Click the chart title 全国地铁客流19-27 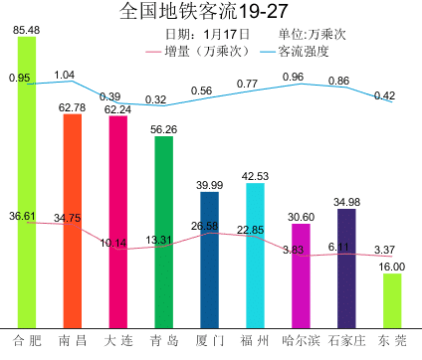coord(203,11)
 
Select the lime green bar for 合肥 coord(27,182)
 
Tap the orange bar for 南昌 coord(73,221)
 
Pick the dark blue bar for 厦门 coord(210,261)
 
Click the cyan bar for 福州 coord(255,256)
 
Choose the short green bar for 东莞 coord(392,301)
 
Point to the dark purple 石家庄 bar coord(346,269)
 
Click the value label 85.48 coord(27,30)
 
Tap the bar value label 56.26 coord(164,129)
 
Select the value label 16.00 coord(392,267)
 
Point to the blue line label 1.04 coord(65,75)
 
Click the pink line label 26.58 coord(204,226)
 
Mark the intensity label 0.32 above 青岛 coord(155,99)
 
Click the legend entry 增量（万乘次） coord(198,52)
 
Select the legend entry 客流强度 coord(295,52)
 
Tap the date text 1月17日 coord(227,34)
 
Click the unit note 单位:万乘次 coord(313,35)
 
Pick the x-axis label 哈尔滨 coord(301,341)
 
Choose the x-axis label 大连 coord(118,341)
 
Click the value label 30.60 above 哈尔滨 coord(301,217)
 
